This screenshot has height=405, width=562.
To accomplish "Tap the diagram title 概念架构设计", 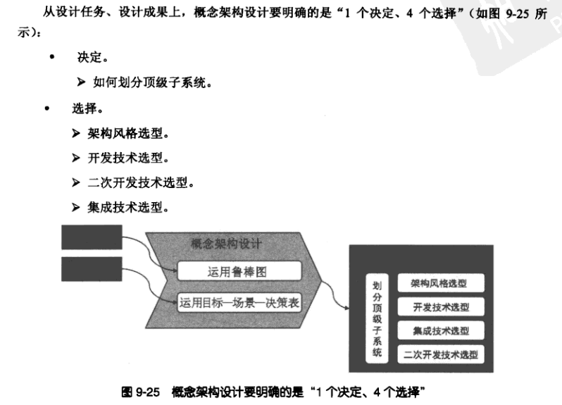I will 226,244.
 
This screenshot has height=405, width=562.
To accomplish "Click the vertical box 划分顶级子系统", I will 377,318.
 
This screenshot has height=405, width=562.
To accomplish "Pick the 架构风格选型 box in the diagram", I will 442,283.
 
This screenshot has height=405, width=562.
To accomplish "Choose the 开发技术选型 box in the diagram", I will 442,307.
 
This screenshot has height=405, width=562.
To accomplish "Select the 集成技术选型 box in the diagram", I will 442,330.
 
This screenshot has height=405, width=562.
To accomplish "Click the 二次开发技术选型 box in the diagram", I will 442,354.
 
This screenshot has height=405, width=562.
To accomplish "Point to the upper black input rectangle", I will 92,237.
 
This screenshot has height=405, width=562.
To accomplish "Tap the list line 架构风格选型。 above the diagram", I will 127,132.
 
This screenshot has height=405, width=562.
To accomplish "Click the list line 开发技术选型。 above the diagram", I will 127,158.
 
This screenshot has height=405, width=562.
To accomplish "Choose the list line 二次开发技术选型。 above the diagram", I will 140,182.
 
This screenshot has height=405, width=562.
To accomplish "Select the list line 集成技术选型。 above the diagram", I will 127,207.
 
